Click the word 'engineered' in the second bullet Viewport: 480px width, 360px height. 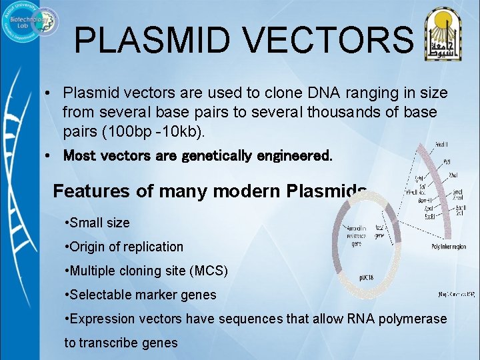(294, 156)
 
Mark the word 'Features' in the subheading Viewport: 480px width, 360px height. (91, 191)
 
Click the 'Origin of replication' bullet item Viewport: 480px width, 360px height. (125, 247)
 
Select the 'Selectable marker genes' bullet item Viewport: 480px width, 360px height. (141, 295)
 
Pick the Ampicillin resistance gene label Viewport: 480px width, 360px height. (355, 233)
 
